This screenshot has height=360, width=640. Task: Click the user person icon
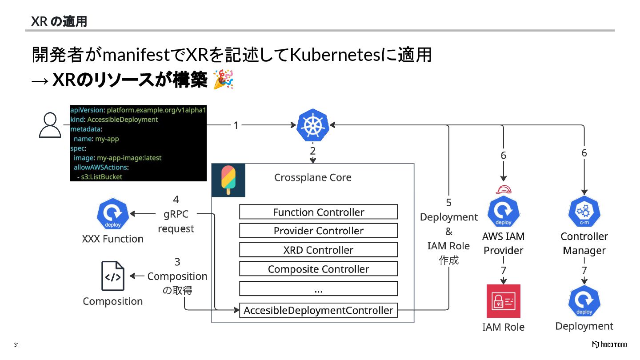tap(50, 125)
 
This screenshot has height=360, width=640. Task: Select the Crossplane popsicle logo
tap(228, 180)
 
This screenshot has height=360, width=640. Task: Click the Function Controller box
tap(318, 212)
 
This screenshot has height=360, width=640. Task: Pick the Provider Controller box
tap(318, 231)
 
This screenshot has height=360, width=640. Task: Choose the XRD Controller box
tap(318, 250)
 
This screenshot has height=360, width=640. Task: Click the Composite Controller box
tap(318, 269)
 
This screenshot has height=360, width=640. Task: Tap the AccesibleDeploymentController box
tap(318, 310)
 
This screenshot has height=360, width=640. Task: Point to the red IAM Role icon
tap(503, 301)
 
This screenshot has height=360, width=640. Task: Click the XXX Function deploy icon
tap(113, 214)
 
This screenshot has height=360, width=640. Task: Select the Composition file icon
tap(113, 276)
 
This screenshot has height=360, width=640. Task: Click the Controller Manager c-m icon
tap(584, 212)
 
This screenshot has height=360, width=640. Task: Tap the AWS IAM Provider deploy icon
tap(503, 212)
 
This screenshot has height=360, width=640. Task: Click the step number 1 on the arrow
tap(236, 125)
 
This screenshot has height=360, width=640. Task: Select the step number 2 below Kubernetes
tap(313, 150)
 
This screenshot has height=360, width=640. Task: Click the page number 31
tap(16, 345)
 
